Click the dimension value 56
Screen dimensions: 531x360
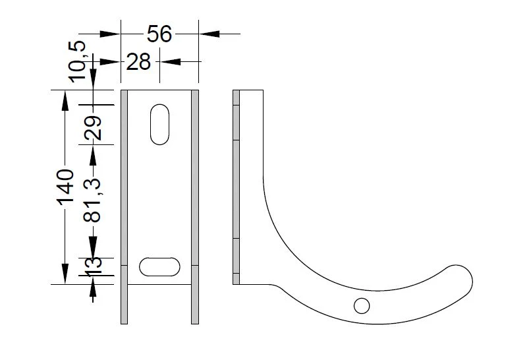click(159, 34)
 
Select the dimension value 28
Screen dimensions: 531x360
click(138, 62)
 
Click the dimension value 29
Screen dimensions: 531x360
click(92, 128)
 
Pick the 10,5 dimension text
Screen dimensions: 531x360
click(77, 61)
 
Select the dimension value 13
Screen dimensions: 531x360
click(92, 267)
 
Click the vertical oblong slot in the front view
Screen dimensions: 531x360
click(159, 125)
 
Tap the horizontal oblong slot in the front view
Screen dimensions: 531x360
click(159, 267)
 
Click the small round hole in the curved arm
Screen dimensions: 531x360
click(362, 306)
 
